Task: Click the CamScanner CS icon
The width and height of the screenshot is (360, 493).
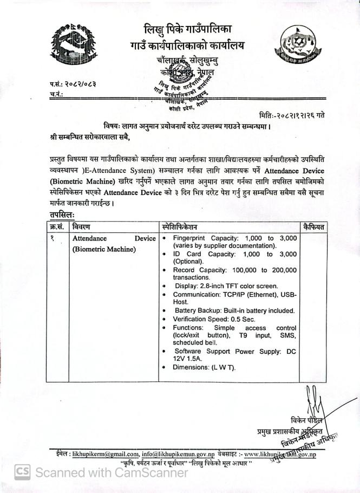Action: (x=22, y=472)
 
